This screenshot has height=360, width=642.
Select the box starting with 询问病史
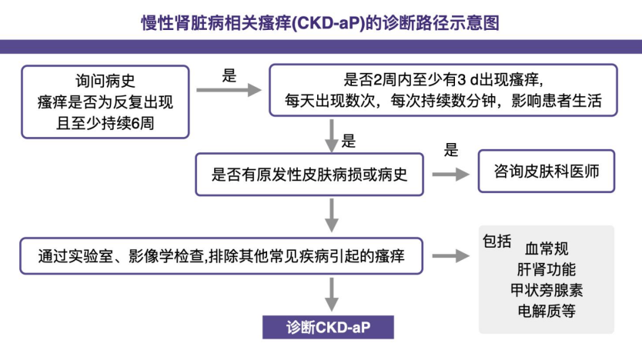105,101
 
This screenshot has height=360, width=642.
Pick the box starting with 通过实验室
223,255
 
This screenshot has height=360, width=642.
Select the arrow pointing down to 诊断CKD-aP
332,293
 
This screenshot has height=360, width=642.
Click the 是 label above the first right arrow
229,75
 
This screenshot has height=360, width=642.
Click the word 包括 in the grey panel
497,241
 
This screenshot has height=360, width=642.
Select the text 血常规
547,249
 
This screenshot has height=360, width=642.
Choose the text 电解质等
547,312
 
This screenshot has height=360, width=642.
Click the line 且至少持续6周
105,121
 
